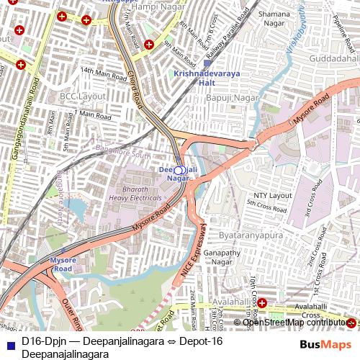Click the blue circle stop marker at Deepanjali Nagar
[180, 171]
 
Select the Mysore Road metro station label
[63, 264]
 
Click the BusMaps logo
[325, 345]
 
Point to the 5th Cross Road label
[267, 204]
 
